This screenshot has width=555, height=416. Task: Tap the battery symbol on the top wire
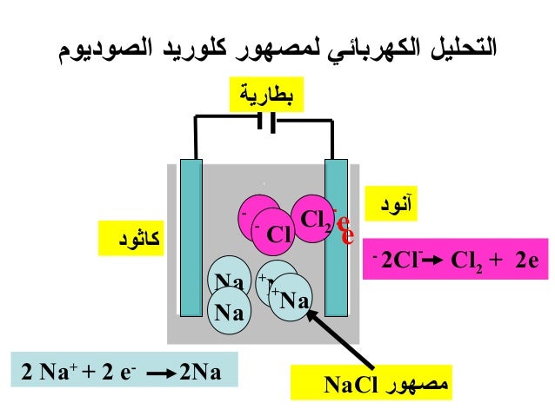click(267, 123)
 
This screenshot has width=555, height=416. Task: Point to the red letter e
click(346, 231)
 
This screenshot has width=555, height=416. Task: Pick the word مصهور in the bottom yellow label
click(421, 384)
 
